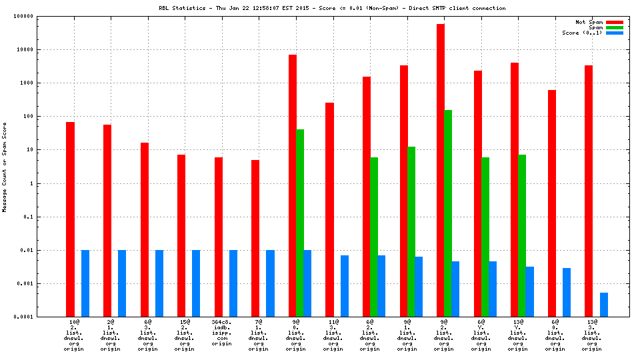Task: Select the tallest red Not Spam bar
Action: point(441,170)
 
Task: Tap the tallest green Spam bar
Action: point(448,213)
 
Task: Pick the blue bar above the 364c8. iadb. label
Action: point(233,283)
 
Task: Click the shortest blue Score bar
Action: point(604,305)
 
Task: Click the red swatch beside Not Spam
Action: point(615,22)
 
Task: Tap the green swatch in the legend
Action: point(615,27)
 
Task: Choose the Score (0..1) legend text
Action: point(582,33)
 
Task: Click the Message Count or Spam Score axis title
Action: point(5,167)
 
